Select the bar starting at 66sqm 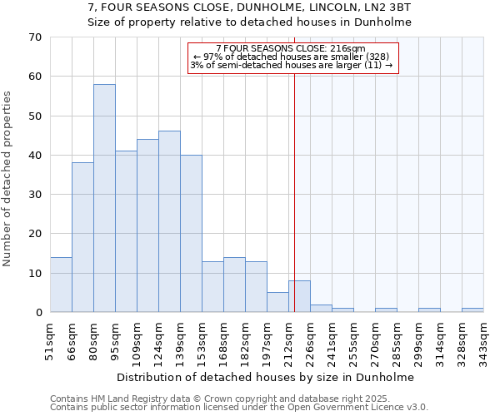coord(82,237)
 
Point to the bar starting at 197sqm coord(277,302)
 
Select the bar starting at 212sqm coord(299,296)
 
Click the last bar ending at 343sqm coord(472,310)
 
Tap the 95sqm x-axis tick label coord(117,336)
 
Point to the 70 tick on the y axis coord(35,37)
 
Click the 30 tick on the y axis coord(35,195)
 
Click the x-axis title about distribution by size coord(265,377)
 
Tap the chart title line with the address coord(249,7)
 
